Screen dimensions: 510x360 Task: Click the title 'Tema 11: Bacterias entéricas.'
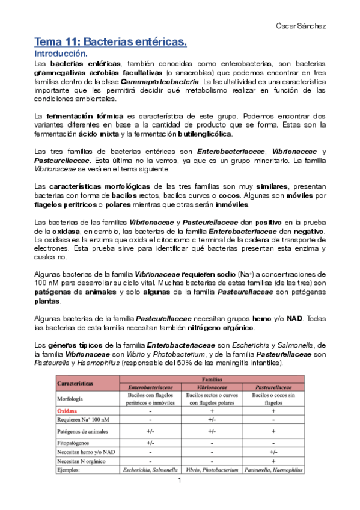pyautogui.click(x=111, y=42)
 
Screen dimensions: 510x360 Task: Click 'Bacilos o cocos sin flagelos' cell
pyautogui.click(x=273, y=399)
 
